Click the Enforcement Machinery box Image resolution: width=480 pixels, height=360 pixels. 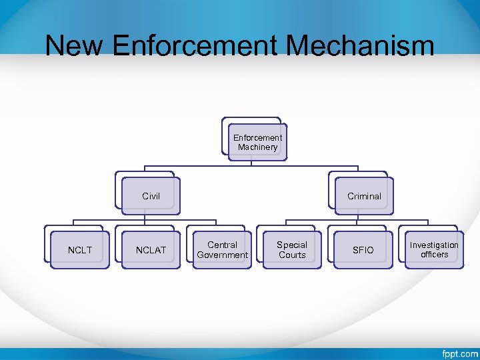click(257, 142)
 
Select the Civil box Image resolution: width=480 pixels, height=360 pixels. click(151, 196)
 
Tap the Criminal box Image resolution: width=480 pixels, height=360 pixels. click(364, 196)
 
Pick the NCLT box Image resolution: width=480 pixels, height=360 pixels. click(81, 250)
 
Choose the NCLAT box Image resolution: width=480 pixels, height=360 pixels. click(151, 250)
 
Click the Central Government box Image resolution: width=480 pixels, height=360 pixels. click(223, 250)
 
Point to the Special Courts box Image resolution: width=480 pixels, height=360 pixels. click(292, 250)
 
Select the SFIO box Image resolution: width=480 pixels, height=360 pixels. click(363, 250)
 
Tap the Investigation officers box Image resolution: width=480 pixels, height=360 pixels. click(434, 250)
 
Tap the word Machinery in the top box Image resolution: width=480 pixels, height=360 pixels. click(257, 147)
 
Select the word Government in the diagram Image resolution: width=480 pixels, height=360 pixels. click(223, 255)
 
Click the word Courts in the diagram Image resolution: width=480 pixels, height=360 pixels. click(292, 255)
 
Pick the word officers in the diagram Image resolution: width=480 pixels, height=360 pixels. click(434, 255)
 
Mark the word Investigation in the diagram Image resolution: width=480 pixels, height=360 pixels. click(434, 245)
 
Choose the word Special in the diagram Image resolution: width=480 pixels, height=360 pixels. click(292, 245)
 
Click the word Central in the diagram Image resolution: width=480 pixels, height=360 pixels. click(223, 245)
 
